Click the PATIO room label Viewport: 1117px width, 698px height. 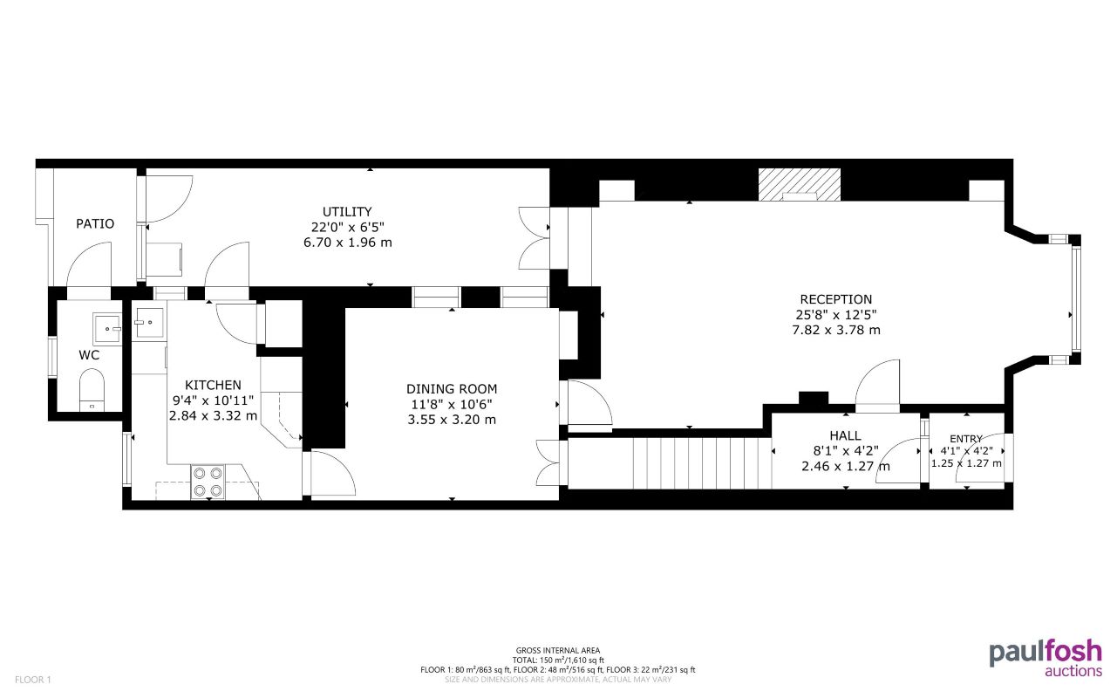[94, 224]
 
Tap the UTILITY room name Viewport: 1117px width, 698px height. [347, 211]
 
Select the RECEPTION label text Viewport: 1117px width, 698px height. [835, 299]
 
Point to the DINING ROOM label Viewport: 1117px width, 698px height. [452, 389]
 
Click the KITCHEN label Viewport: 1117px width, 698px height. [213, 385]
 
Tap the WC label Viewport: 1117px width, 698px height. [89, 355]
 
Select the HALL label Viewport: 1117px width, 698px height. [845, 435]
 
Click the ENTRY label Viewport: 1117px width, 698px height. [966, 438]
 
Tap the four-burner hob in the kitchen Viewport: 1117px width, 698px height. [208, 482]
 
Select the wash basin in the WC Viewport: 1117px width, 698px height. [109, 329]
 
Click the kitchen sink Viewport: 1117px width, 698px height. [148, 320]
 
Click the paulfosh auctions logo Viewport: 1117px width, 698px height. [1045, 659]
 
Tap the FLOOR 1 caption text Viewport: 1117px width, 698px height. [34, 679]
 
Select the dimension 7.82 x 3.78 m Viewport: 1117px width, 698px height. [835, 330]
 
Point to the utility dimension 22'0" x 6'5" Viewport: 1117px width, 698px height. [347, 227]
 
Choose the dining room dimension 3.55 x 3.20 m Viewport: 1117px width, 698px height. [452, 420]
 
